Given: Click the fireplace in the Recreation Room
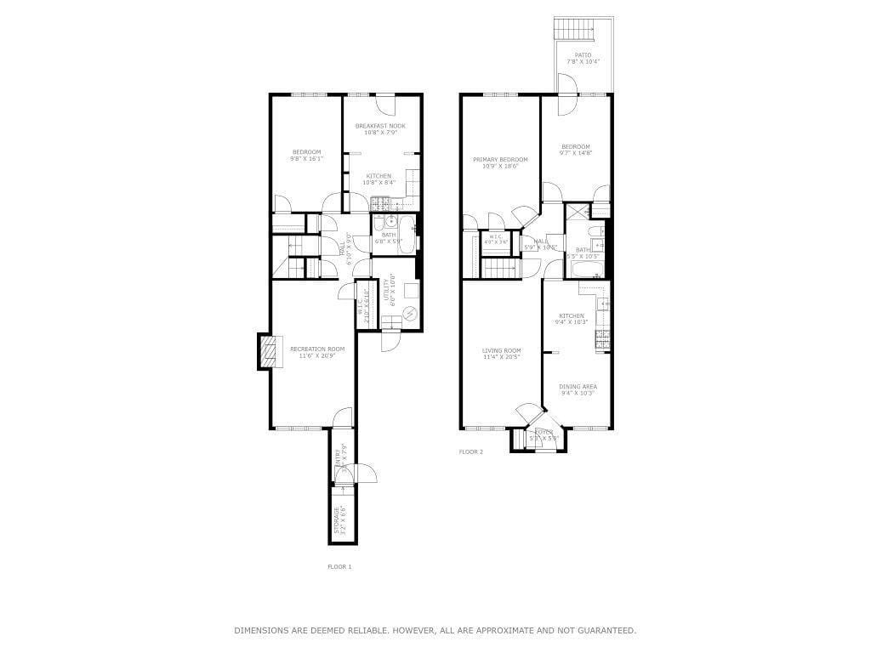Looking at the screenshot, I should (266, 351).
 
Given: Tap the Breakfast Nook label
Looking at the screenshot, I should (380, 126).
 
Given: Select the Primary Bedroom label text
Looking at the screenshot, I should (500, 160).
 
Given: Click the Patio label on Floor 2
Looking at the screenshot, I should (583, 55).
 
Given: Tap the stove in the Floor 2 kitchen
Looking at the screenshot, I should (602, 339).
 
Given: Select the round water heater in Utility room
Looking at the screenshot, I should (412, 314).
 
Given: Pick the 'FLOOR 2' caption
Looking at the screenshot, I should (471, 451).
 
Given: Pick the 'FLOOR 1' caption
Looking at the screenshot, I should (339, 566).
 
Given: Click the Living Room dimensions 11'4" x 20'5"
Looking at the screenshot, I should (501, 357).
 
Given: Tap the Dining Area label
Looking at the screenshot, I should (578, 387).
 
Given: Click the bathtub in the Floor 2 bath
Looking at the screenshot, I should (587, 270).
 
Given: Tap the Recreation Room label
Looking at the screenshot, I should (317, 349).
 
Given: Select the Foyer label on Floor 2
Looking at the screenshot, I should (543, 432).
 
